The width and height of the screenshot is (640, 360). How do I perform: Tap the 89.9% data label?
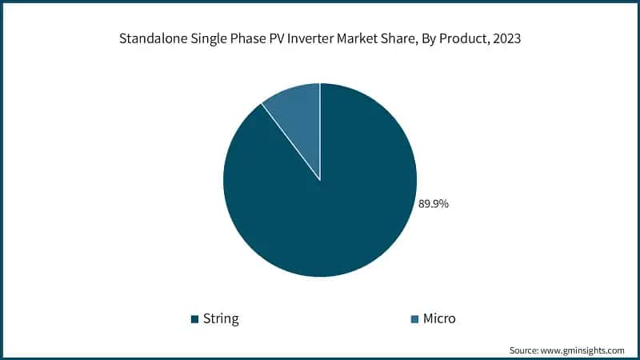434,204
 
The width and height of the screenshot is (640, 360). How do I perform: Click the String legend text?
221,318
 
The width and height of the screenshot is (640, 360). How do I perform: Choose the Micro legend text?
439,318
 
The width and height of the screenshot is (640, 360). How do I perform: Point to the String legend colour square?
194,319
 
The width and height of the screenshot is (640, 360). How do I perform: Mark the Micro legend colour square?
414,319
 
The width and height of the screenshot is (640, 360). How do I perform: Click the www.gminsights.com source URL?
585,350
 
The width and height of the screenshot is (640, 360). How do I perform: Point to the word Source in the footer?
526,350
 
